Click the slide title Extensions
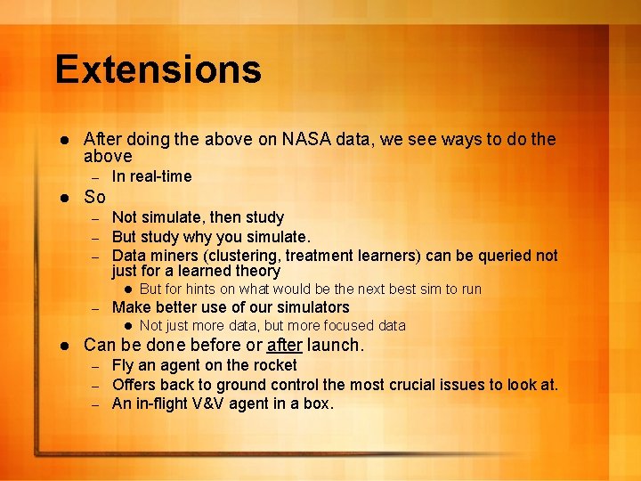coord(158,69)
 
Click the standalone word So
coord(94,198)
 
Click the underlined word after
coord(284,345)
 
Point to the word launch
coord(335,345)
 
